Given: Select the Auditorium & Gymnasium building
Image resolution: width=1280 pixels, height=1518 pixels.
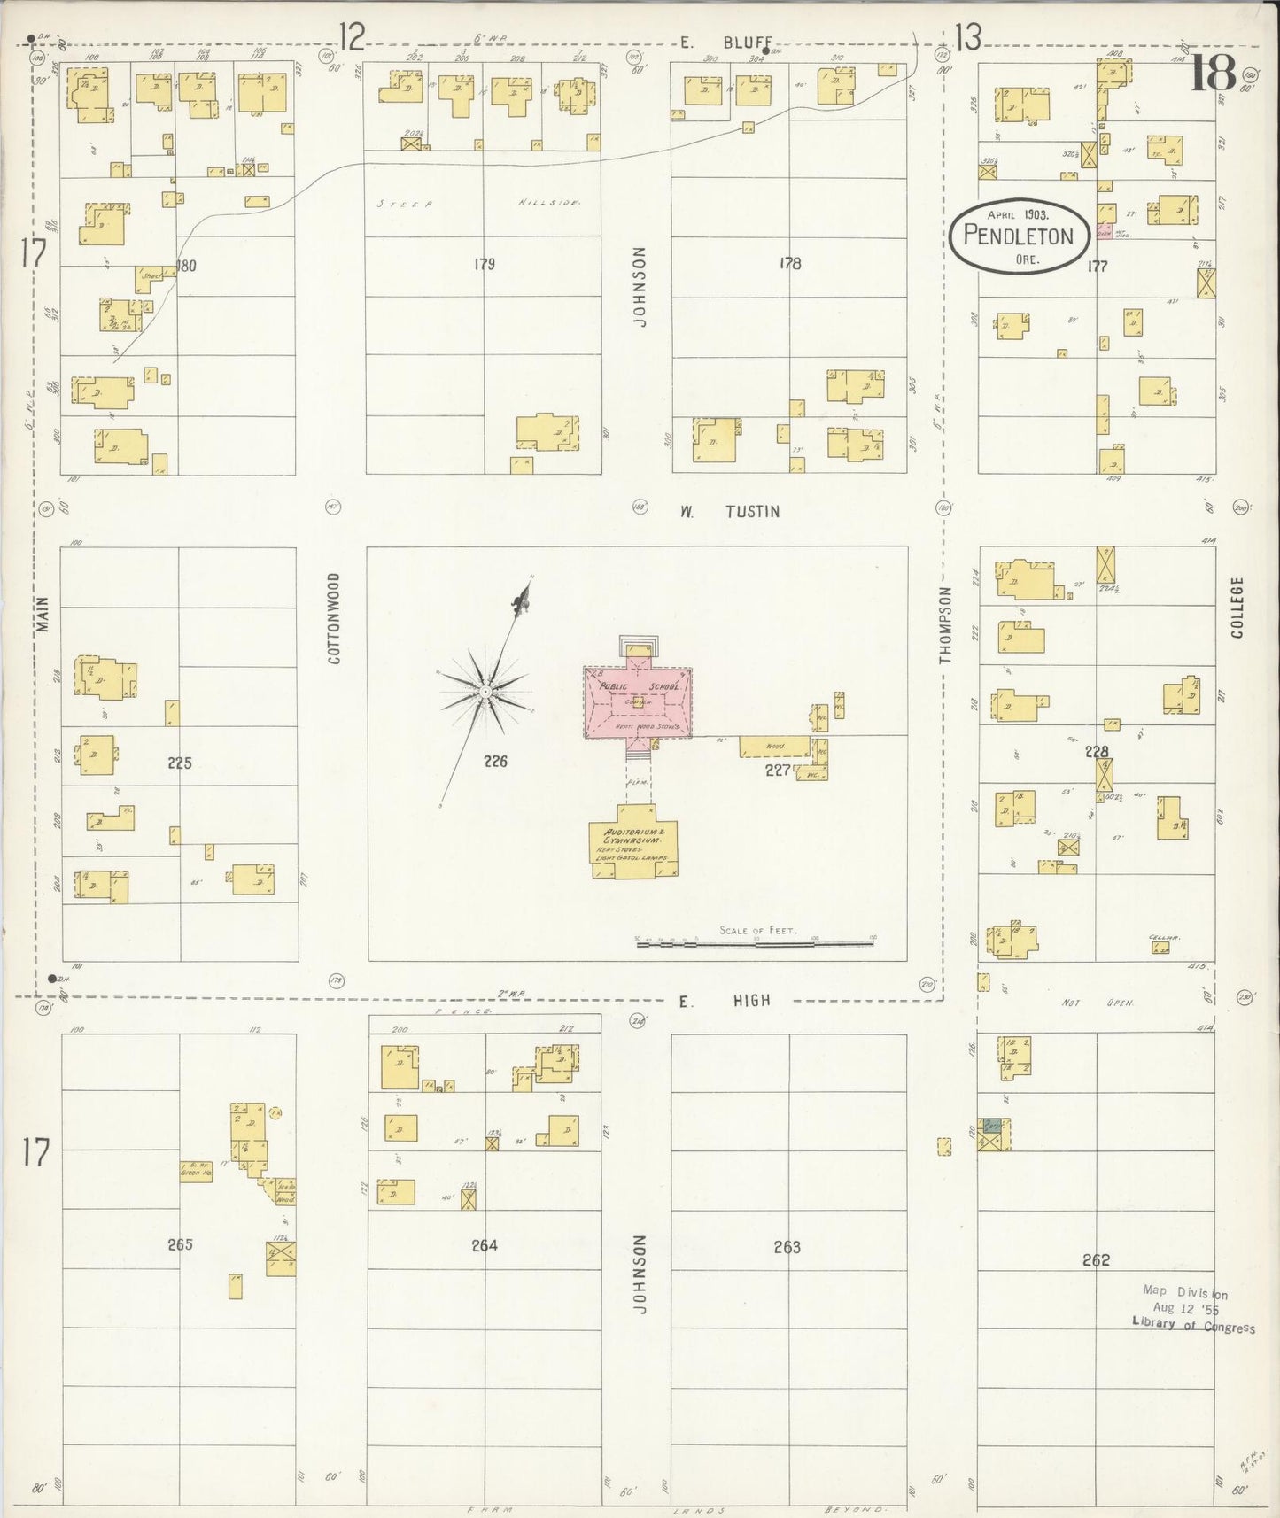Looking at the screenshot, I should (633, 846).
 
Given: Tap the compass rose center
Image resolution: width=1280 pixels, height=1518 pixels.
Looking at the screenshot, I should (485, 692).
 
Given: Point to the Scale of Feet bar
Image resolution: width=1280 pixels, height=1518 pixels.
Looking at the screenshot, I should (756, 944).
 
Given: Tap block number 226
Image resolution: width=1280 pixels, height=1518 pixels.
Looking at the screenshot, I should (495, 761).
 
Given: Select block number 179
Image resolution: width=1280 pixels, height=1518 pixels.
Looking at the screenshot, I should (484, 264).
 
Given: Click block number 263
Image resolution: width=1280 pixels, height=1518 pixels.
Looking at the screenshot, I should (787, 1247).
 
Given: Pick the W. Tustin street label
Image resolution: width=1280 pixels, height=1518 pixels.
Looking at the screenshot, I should (730, 511).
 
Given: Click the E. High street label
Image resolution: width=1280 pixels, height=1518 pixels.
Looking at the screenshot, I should (725, 1001).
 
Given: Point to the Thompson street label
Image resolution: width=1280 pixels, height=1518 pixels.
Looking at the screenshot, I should (945, 624).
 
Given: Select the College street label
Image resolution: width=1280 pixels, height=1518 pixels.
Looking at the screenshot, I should (1237, 608).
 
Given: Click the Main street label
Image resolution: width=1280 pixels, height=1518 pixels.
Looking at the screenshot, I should (43, 613).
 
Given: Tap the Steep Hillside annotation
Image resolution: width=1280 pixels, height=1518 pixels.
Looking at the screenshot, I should (477, 204).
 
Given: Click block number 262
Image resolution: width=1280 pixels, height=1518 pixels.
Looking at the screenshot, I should (1096, 1259).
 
